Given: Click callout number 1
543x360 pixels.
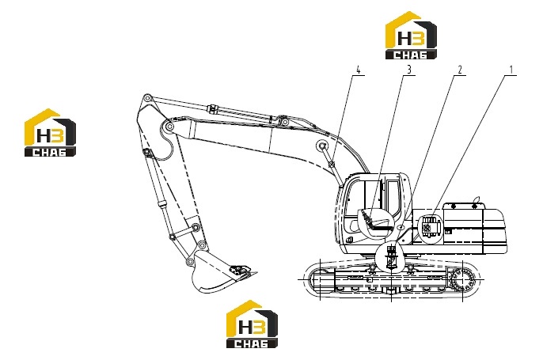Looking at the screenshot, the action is (x=511, y=70).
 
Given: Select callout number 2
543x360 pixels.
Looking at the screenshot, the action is (x=460, y=70).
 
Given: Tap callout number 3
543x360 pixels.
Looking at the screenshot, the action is (x=409, y=70).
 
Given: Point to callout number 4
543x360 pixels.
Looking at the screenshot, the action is (x=359, y=70).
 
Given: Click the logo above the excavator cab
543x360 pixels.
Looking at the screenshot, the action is (x=411, y=36).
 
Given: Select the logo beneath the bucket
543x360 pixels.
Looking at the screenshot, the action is (x=252, y=324).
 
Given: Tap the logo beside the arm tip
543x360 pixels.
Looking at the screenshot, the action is (x=50, y=133).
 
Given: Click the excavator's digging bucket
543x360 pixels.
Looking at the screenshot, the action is (x=222, y=272).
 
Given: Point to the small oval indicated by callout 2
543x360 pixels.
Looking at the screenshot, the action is (x=401, y=228).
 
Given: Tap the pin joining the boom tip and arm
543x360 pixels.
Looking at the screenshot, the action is (x=169, y=127).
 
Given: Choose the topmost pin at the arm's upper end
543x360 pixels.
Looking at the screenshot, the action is (x=147, y=97).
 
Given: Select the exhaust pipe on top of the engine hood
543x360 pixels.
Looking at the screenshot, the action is (x=477, y=200).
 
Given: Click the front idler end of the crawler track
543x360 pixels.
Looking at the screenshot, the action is (x=313, y=279).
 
